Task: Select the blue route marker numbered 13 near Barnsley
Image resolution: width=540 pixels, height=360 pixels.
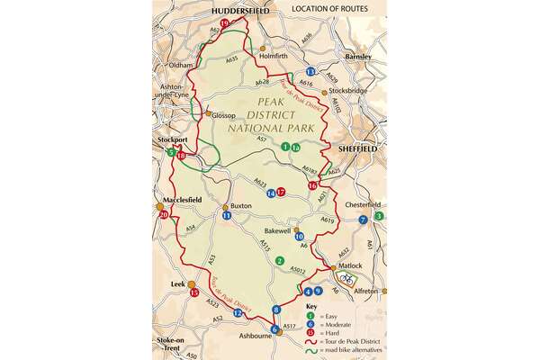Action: click(311, 72)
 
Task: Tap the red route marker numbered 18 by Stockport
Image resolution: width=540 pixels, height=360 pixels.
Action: click(182, 157)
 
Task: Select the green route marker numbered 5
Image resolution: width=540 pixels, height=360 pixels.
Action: click(171, 153)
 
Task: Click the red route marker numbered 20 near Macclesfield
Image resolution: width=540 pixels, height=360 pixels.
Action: click(163, 215)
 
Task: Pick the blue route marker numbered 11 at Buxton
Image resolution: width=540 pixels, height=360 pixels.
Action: click(227, 216)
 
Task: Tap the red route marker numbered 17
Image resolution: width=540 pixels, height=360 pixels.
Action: click(281, 192)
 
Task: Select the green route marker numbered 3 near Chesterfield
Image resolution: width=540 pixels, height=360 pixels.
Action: click(379, 216)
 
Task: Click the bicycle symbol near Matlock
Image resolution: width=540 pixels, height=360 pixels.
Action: click(348, 280)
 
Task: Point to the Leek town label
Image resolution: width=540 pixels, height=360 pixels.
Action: click(177, 283)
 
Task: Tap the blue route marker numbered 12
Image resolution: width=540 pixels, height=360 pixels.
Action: click(238, 312)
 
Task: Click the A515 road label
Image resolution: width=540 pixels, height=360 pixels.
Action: click(265, 245)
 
